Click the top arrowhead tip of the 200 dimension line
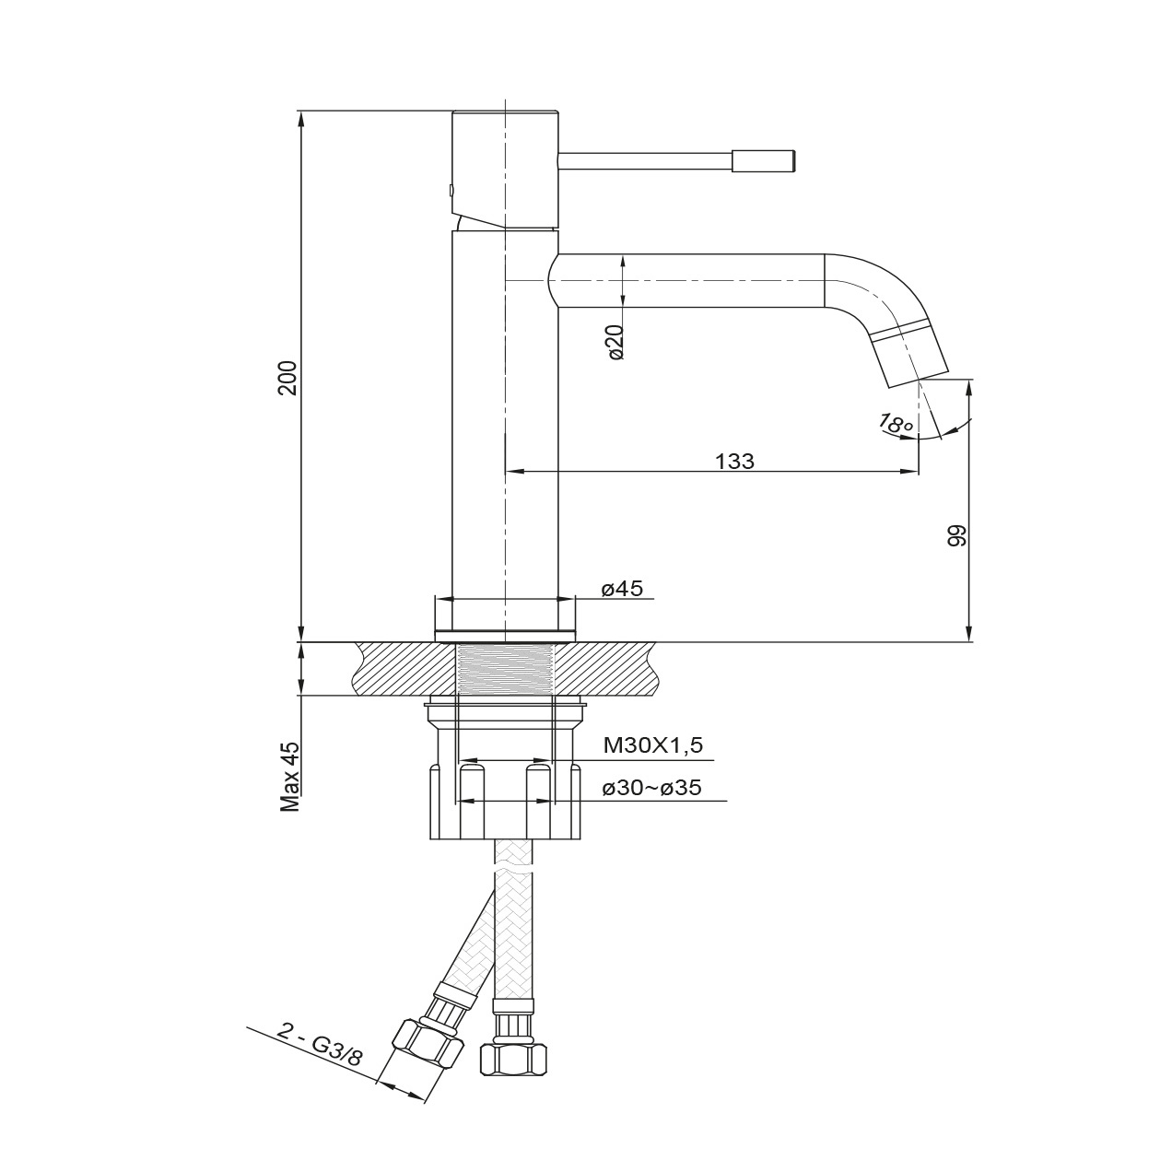[301, 111]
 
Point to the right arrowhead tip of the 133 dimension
[918, 471]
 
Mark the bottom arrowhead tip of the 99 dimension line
[969, 641]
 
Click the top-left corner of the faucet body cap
[453, 111]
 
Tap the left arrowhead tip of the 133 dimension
[506, 471]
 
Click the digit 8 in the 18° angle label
[896, 424]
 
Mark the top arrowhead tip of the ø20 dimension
[623, 255]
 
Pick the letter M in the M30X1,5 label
[612, 745]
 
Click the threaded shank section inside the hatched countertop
[504, 669]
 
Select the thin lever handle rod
[645, 160]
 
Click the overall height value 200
[287, 378]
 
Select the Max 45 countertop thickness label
[290, 777]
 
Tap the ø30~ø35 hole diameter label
[652, 789]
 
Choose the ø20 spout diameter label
[615, 342]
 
